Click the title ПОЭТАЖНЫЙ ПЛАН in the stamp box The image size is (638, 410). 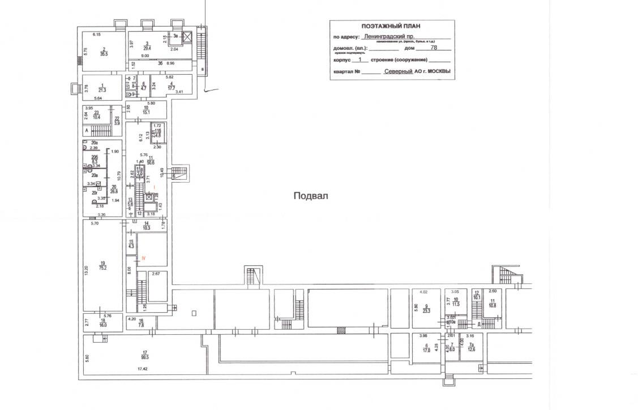391,26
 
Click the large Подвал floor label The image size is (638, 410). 311,196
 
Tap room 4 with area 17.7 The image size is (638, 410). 171,87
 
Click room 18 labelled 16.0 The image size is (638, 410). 102,325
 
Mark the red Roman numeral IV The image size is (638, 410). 144,258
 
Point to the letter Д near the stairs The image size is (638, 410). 479,324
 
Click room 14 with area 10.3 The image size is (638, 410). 146,227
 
